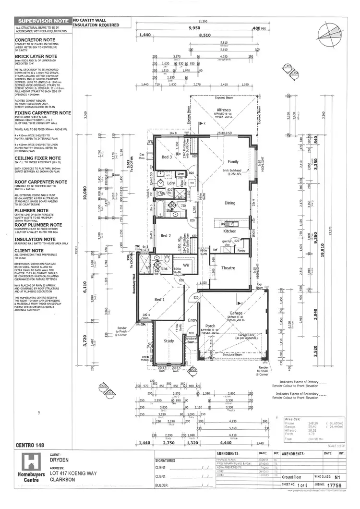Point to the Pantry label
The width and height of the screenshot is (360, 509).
pos(241,250)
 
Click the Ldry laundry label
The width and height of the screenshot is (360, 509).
pos(170,183)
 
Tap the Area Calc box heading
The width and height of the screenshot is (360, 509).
pos(293,419)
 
